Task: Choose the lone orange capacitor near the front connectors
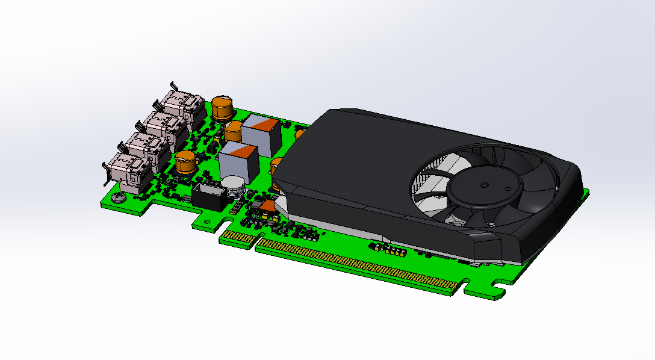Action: (x=185, y=163)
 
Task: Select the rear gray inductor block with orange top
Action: (x=261, y=134)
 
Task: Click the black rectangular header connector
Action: (x=209, y=197)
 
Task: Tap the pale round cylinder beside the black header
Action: (x=232, y=186)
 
